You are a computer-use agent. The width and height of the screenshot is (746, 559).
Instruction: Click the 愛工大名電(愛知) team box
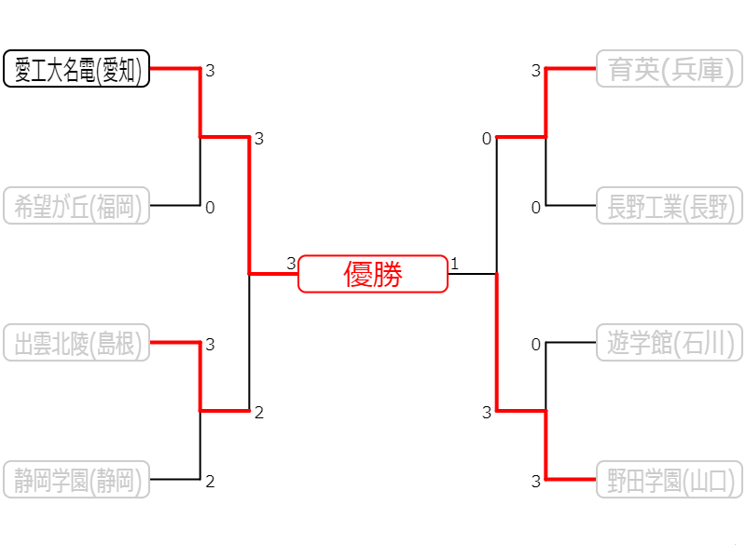tap(76, 69)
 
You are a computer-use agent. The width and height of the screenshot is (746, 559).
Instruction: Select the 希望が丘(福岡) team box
tap(76, 206)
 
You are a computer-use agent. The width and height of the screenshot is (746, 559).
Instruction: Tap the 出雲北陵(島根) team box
tap(76, 343)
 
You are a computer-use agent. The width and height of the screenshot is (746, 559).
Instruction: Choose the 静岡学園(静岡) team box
tap(76, 480)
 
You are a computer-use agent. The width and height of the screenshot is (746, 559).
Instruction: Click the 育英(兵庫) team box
tap(670, 69)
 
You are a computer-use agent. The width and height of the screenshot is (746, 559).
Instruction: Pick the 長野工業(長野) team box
tap(670, 206)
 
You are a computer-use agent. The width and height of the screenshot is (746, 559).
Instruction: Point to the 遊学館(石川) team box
tap(670, 343)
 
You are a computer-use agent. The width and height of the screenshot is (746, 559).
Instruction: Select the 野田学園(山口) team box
tap(670, 480)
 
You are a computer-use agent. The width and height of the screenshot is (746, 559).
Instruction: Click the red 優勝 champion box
tap(373, 274)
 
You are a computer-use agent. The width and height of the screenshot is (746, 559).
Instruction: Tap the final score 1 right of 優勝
tap(454, 264)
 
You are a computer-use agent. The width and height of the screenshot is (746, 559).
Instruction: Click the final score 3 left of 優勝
tap(291, 264)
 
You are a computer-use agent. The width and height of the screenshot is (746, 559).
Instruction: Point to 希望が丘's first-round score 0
tap(210, 208)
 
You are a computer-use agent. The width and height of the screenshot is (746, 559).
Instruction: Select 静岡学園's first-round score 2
tap(210, 482)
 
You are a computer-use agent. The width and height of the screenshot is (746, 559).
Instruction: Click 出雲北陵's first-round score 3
tap(210, 345)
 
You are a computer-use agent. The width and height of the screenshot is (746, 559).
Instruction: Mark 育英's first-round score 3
tap(535, 71)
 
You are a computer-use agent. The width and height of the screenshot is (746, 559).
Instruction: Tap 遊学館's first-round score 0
tap(535, 345)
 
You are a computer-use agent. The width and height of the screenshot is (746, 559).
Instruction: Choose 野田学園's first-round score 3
tap(535, 482)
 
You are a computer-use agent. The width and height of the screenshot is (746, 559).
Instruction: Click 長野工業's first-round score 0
tap(535, 208)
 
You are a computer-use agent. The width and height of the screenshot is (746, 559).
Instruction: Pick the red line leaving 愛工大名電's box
tap(175, 68)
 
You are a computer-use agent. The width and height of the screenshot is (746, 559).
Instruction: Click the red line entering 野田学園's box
tap(571, 479)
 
